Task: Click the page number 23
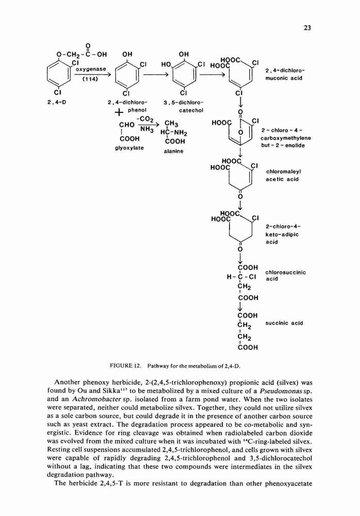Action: tap(307, 28)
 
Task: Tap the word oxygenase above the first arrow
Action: tap(91, 70)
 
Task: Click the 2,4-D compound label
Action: tap(57, 102)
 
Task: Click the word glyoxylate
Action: tap(129, 148)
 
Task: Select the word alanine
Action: tap(173, 151)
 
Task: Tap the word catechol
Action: tap(191, 110)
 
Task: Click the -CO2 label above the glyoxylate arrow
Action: tap(143, 119)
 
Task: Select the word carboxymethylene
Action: tap(286, 138)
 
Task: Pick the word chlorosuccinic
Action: tap(285, 272)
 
